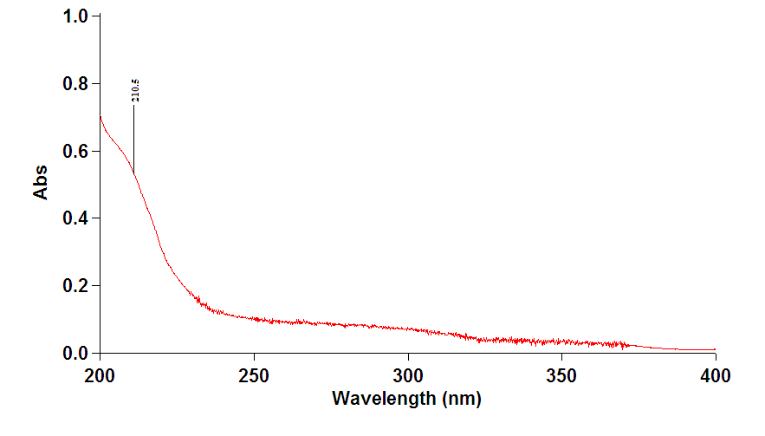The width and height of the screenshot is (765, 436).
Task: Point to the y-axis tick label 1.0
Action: pos(77,16)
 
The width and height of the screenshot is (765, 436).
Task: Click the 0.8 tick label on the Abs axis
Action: pos(77,84)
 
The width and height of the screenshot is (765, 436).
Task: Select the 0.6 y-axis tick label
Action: pos(77,152)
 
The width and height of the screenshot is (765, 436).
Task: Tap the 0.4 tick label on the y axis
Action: pos(77,218)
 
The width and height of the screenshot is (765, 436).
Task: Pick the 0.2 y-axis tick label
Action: pos(77,286)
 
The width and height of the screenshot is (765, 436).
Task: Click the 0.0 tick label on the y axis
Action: pos(77,354)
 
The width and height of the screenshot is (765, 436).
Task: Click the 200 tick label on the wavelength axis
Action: pos(100,377)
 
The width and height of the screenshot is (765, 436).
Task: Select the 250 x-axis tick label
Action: pos(254,377)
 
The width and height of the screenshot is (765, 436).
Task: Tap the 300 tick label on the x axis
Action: pos(407,377)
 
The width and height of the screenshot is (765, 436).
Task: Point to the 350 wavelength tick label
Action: pos(561,377)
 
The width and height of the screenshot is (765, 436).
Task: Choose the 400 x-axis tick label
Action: pos(715,377)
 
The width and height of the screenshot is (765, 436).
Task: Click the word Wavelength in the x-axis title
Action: pos(385,400)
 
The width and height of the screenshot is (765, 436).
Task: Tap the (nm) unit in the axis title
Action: pos(460,400)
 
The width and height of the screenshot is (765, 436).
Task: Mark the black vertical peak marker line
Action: pos(133,139)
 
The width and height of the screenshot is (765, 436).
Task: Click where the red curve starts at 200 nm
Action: pos(100,116)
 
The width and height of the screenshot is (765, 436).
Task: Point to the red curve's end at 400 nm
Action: pos(715,349)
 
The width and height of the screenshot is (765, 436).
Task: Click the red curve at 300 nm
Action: pos(407,329)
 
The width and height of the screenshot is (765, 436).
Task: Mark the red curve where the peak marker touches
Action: pos(133,172)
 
